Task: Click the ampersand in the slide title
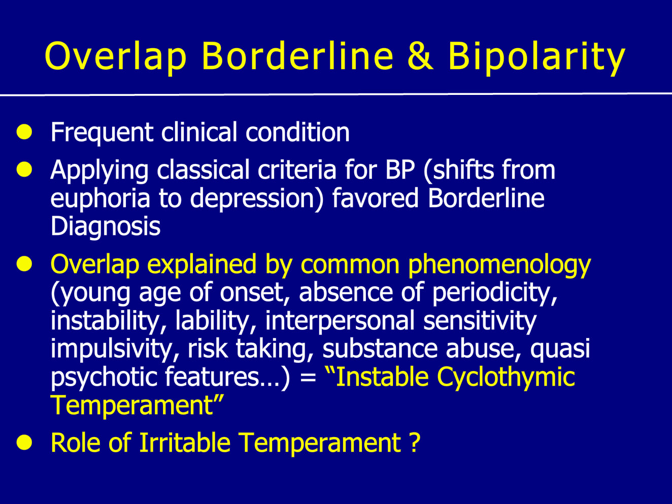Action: pyautogui.click(x=420, y=56)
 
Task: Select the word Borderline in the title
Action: pyautogui.click(x=297, y=56)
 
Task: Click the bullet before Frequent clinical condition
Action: pyautogui.click(x=24, y=132)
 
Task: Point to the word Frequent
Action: pyautogui.click(x=102, y=132)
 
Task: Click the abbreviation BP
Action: pyautogui.click(x=400, y=170)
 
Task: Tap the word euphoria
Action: pyautogui.click(x=100, y=199)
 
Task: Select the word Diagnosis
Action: pyautogui.click(x=105, y=226)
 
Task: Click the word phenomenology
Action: pyautogui.click(x=499, y=265)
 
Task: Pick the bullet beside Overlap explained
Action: pyautogui.click(x=24, y=264)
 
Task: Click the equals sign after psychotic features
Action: pyautogui.click(x=308, y=377)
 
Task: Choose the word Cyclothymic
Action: pyautogui.click(x=506, y=377)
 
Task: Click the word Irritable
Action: pyautogui.click(x=185, y=442)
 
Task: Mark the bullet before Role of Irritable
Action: pyautogui.click(x=24, y=442)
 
